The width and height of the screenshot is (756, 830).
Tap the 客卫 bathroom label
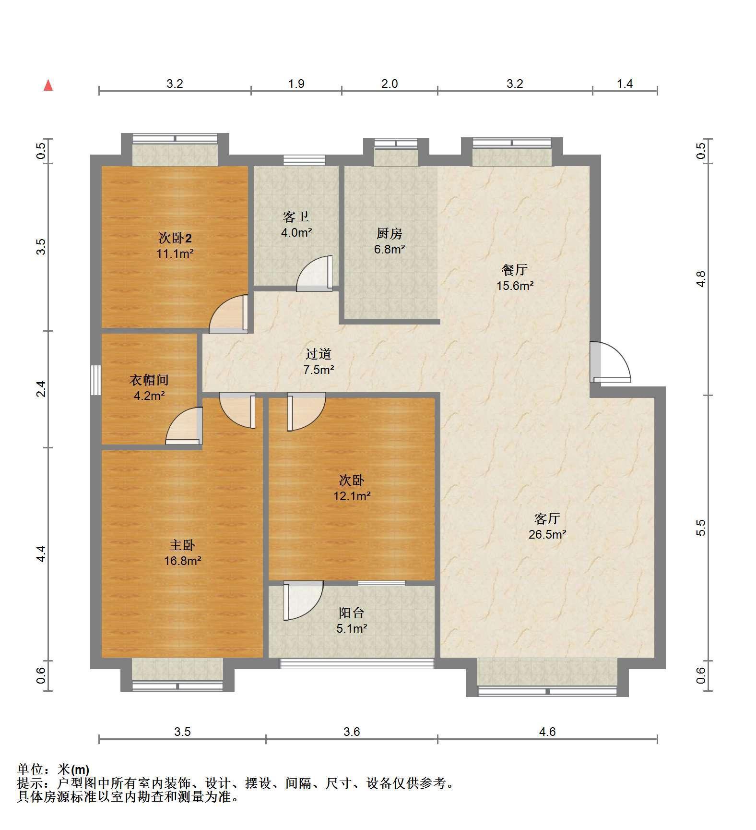tap(296, 217)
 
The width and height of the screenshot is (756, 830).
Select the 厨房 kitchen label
tap(389, 234)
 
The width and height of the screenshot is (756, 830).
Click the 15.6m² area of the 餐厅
tap(515, 286)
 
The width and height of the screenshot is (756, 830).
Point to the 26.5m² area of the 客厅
tap(547, 534)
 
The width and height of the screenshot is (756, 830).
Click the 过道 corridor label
tap(319, 354)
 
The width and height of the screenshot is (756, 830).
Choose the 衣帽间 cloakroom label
tap(149, 380)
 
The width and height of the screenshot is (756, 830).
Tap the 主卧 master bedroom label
tap(182, 545)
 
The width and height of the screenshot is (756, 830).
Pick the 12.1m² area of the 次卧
tap(352, 496)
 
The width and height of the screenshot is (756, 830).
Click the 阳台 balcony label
tap(352, 613)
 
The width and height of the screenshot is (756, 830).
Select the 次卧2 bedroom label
tap(175, 238)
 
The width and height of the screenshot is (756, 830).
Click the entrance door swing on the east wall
tap(610, 362)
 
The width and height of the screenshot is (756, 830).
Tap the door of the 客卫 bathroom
tap(315, 274)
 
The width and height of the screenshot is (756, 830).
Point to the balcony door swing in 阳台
tap(303, 601)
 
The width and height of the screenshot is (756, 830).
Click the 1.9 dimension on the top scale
tap(296, 84)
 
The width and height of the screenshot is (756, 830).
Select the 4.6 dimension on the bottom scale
tap(547, 732)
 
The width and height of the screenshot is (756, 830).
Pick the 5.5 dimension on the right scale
tap(701, 528)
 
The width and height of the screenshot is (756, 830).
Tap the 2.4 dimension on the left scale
tap(41, 388)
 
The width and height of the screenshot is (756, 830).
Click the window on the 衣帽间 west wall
tap(96, 380)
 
